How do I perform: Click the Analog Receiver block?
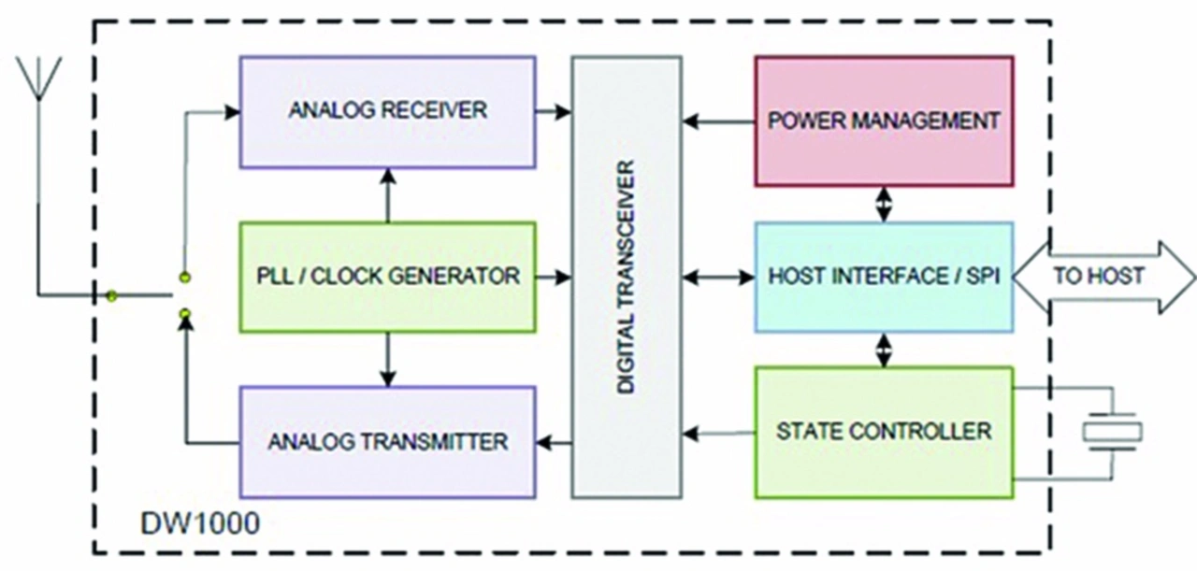387,112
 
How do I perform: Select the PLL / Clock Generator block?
387,278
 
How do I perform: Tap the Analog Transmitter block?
387,442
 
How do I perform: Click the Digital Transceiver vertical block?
627,278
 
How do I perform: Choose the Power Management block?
884,121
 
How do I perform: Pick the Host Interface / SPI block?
884,278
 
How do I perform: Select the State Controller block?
884,433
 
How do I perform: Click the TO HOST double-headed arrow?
1103,278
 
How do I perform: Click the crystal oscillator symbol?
1113,432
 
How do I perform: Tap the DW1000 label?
200,523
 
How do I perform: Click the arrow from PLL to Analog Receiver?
388,195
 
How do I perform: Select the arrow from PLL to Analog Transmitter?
388,360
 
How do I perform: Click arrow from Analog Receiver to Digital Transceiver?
554,112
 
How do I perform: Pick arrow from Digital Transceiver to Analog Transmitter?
554,442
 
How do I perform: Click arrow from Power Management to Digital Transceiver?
719,121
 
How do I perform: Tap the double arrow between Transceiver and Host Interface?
719,278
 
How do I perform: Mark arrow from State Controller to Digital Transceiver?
719,434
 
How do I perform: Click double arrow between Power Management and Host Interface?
884,204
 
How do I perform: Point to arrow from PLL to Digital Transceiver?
554,278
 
